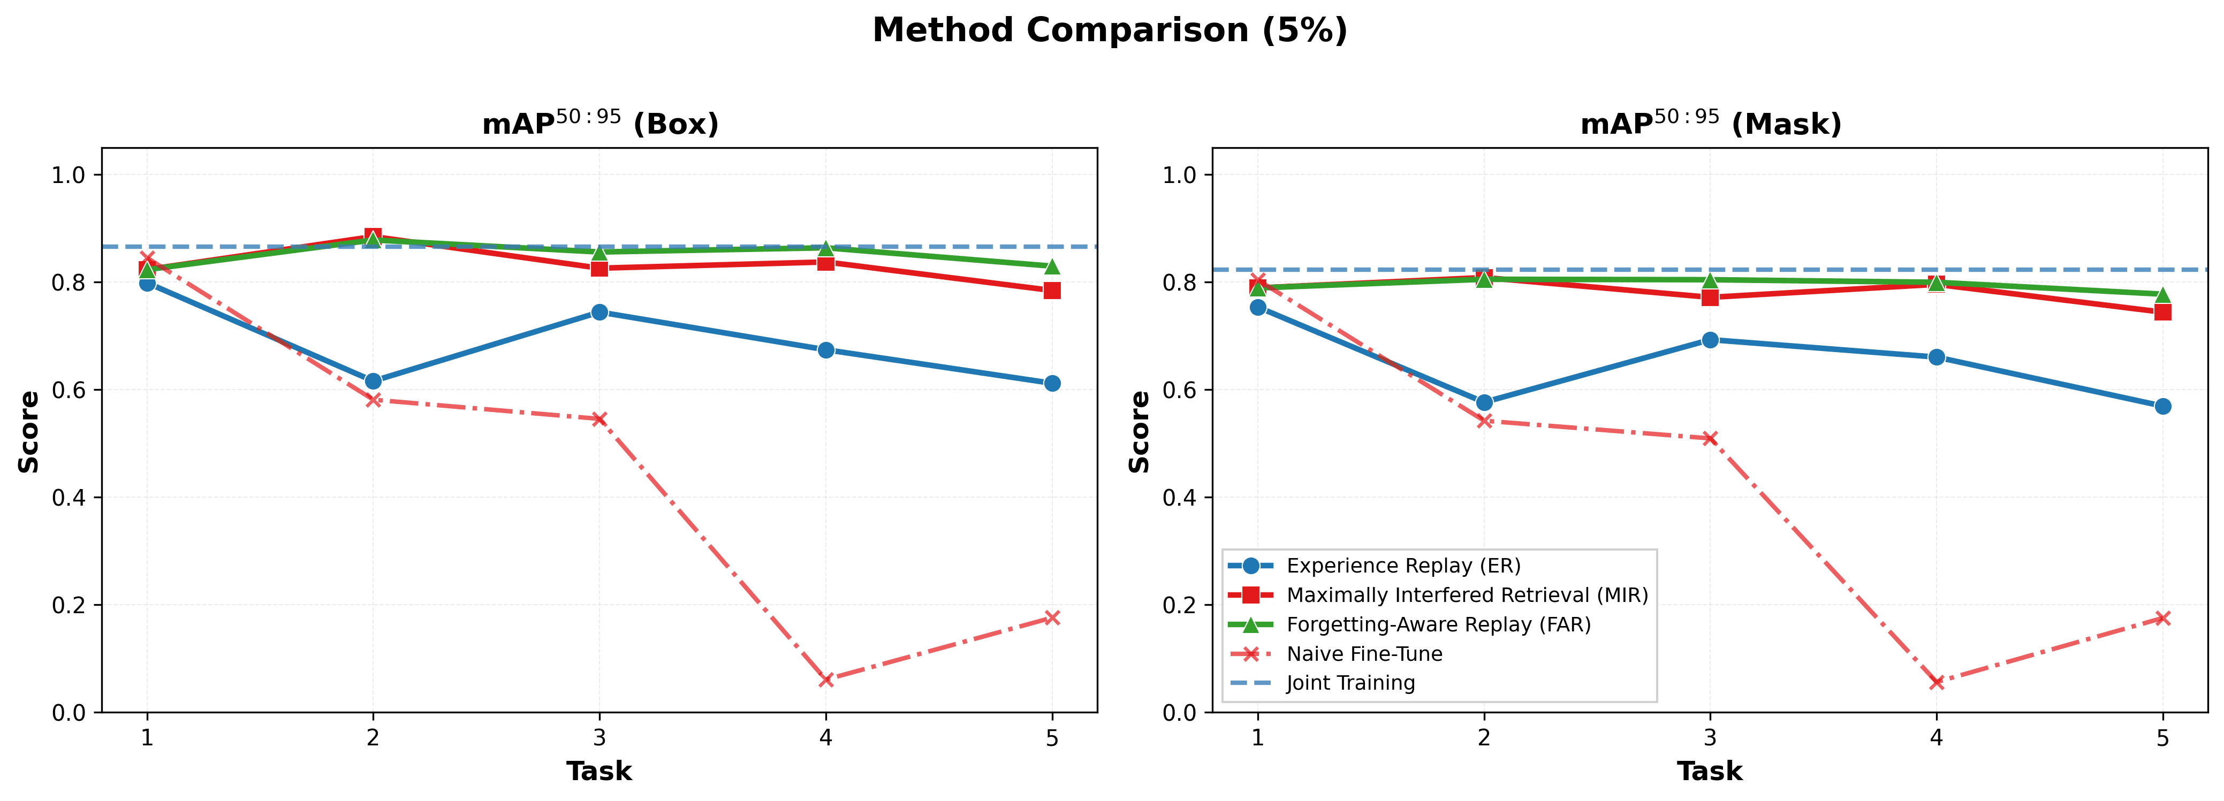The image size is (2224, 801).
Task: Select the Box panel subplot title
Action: coord(600,124)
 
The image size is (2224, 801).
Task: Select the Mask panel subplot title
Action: coord(1710,124)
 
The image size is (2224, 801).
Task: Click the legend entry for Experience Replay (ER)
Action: coord(1403,566)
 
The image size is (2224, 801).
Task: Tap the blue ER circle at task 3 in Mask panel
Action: coord(1710,340)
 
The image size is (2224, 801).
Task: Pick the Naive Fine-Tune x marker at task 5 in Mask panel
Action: coord(2162,618)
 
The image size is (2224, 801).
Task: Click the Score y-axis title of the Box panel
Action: coord(29,432)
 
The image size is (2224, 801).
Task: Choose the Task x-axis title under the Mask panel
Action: coord(1710,771)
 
